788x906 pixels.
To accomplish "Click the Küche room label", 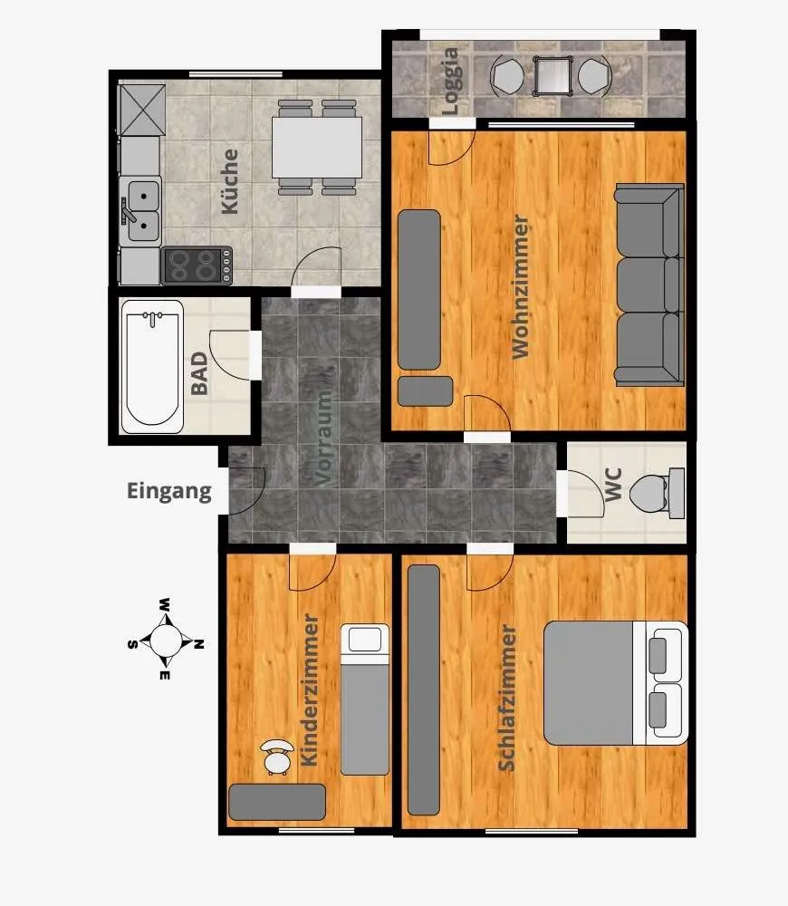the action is pos(229,181).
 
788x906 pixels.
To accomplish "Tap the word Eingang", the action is pos(169,492).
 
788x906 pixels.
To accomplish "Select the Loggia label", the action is pos(449,81).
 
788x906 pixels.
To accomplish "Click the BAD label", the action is pos(198,373).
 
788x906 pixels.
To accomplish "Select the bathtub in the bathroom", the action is pos(152,366).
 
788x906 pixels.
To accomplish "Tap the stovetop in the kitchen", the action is pos(197,265).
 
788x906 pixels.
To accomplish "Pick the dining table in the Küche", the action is pos(317,148).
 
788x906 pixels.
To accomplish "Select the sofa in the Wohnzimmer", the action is pos(649,284).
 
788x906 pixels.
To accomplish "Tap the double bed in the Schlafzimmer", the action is pos(616,683).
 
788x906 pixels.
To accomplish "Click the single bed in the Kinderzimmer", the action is pos(364,699).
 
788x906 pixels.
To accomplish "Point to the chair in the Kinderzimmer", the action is pos(277,757).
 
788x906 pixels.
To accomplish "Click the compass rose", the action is pos(166,640).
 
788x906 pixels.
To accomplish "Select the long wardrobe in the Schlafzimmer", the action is pos(424,689).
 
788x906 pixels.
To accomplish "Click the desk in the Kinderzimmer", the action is pos(277,802).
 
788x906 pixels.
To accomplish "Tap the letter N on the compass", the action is pos(198,643).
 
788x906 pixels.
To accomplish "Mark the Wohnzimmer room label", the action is pos(520,286).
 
